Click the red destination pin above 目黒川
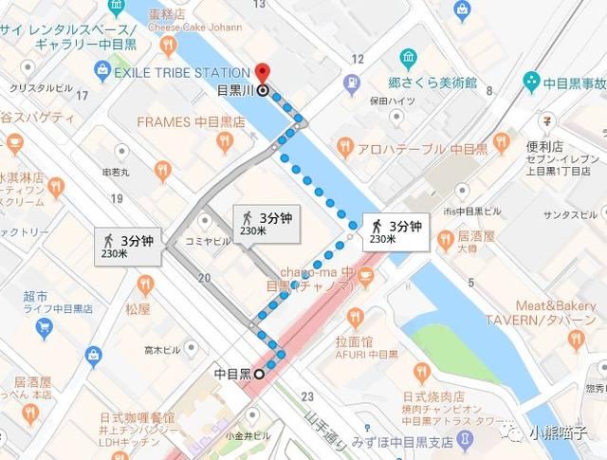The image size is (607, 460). [262, 72]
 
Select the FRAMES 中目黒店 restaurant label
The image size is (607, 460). [191, 122]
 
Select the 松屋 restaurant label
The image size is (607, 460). [138, 308]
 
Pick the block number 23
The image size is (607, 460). [305, 396]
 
